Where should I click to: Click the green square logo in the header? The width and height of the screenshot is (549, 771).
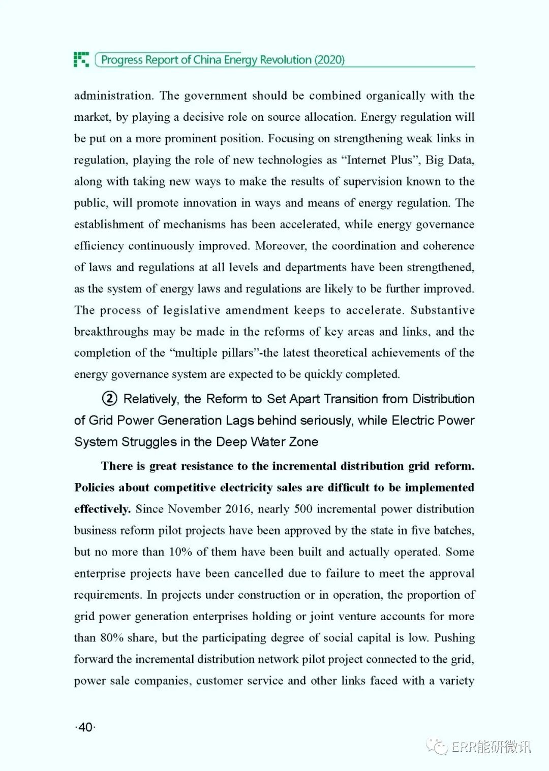[81, 59]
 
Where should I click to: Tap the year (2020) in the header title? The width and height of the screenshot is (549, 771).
[329, 60]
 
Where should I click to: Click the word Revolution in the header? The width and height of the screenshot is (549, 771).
[286, 60]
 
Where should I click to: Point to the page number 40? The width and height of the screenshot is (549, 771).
[85, 727]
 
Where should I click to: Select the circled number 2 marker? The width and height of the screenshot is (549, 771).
[110, 399]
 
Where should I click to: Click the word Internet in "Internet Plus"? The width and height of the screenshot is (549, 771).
[367, 160]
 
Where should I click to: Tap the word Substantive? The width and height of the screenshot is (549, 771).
[442, 310]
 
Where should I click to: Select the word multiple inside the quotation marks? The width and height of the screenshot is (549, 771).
[196, 352]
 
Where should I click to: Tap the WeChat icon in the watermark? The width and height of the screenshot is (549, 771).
[437, 746]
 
